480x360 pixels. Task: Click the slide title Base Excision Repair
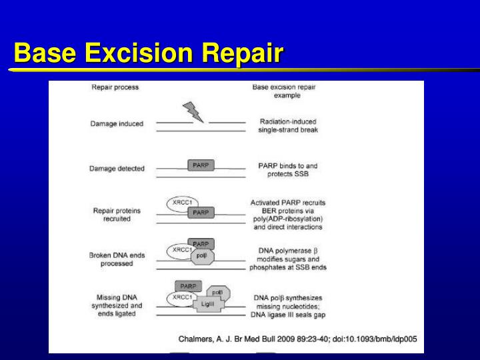pyautogui.click(x=148, y=53)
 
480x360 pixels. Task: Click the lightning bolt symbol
pyautogui.click(x=194, y=112)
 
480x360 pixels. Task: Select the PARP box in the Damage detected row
pyautogui.click(x=200, y=165)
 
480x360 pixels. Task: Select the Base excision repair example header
pyautogui.click(x=287, y=91)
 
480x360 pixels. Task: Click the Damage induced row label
pyautogui.click(x=117, y=124)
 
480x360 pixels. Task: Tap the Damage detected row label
pyautogui.click(x=117, y=169)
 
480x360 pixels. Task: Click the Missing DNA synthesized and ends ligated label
pyautogui.click(x=117, y=305)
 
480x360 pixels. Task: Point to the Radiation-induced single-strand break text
pyautogui.click(x=288, y=125)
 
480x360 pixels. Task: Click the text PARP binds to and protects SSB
pyautogui.click(x=288, y=169)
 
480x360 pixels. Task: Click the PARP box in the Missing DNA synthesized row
pyautogui.click(x=189, y=286)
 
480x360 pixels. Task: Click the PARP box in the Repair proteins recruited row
pyautogui.click(x=200, y=212)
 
